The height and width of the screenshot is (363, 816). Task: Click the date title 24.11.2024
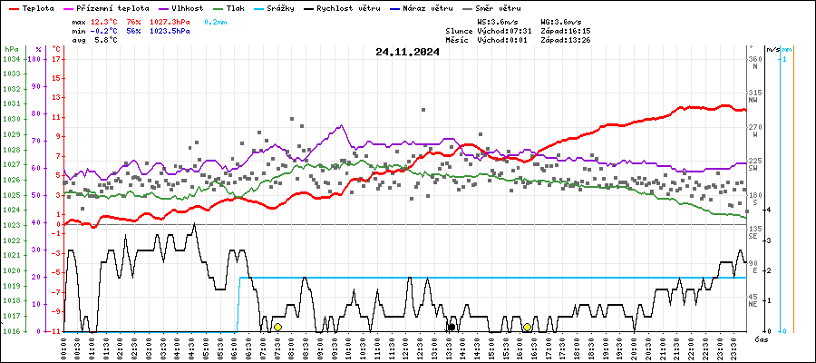(407, 52)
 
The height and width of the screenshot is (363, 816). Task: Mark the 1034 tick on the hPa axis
(11, 59)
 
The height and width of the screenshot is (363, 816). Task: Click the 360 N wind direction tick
(754, 59)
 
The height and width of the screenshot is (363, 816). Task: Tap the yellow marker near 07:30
(277, 327)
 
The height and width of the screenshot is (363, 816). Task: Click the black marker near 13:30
(451, 327)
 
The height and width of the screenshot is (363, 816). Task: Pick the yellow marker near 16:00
(527, 327)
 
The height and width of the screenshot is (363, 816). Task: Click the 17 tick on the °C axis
(56, 59)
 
